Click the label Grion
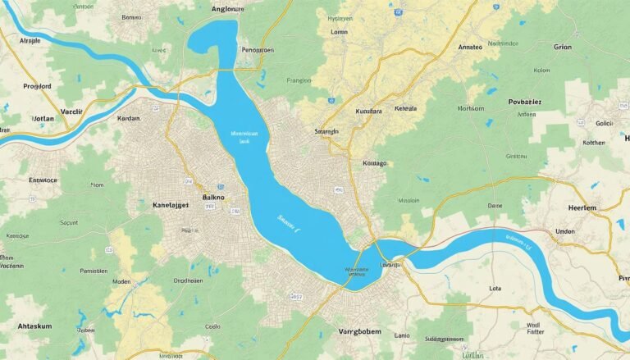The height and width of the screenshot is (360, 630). coord(562,47)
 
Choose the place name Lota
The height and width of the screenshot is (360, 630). coord(494,289)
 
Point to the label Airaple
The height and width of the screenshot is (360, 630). coord(30,39)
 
